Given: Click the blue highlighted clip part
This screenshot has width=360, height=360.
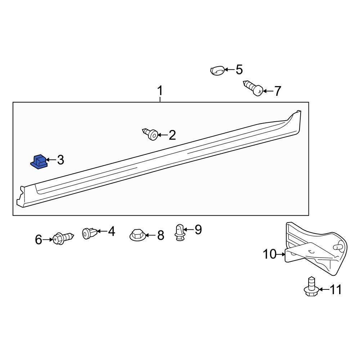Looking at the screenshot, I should tap(38, 162).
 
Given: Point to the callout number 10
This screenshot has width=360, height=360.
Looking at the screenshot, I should tap(269, 255).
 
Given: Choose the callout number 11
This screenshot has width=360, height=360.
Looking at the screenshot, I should tap(336, 289).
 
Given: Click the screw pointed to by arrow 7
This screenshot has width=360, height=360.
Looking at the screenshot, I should tap(254, 88).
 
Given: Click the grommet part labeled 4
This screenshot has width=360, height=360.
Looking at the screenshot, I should tap(89, 233).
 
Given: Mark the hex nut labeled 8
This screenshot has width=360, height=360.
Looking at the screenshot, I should tap(137, 235).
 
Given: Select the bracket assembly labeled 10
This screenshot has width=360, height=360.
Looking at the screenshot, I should tap(315, 248).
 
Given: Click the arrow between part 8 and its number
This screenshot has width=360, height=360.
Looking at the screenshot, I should tap(150, 235).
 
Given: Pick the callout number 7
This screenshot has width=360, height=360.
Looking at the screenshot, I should tap(277, 91).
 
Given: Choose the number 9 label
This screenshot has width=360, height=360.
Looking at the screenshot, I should tap(198, 229).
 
